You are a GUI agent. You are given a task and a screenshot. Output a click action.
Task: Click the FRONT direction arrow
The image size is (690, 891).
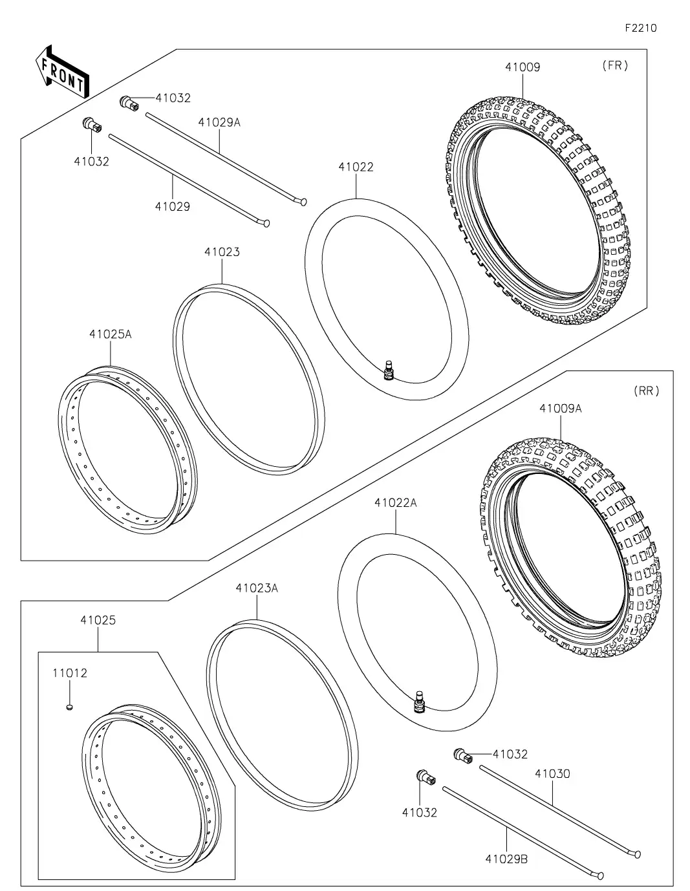point(62,72)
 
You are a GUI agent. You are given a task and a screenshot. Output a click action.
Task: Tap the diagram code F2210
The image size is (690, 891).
point(640,28)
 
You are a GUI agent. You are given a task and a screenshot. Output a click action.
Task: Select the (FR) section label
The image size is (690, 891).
point(614,65)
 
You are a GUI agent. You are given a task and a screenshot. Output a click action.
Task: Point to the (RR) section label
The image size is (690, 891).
point(647,391)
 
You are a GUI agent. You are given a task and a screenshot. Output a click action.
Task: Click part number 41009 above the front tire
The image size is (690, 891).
point(522,67)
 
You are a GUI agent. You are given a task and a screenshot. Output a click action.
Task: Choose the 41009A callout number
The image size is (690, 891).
point(560,409)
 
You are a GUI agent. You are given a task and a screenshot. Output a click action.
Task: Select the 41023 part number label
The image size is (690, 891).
point(222,252)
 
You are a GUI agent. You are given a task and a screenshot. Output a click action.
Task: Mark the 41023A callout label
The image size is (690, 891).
point(257,588)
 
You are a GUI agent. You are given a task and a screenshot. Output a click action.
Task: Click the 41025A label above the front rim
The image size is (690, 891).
point(110,334)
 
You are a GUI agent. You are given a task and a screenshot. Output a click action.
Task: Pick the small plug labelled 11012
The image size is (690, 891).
point(69,707)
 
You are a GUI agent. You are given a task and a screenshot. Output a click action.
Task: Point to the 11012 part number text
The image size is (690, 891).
point(69,673)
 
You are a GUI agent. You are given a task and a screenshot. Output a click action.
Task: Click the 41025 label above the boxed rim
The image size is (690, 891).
point(98,620)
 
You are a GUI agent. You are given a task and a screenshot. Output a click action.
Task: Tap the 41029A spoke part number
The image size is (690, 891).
point(219,122)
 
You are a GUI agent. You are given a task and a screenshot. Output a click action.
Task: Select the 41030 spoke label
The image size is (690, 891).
point(552,773)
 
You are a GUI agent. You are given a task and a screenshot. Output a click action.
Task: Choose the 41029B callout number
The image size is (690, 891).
point(506,859)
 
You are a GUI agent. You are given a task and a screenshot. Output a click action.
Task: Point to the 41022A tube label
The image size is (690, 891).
point(395,502)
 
